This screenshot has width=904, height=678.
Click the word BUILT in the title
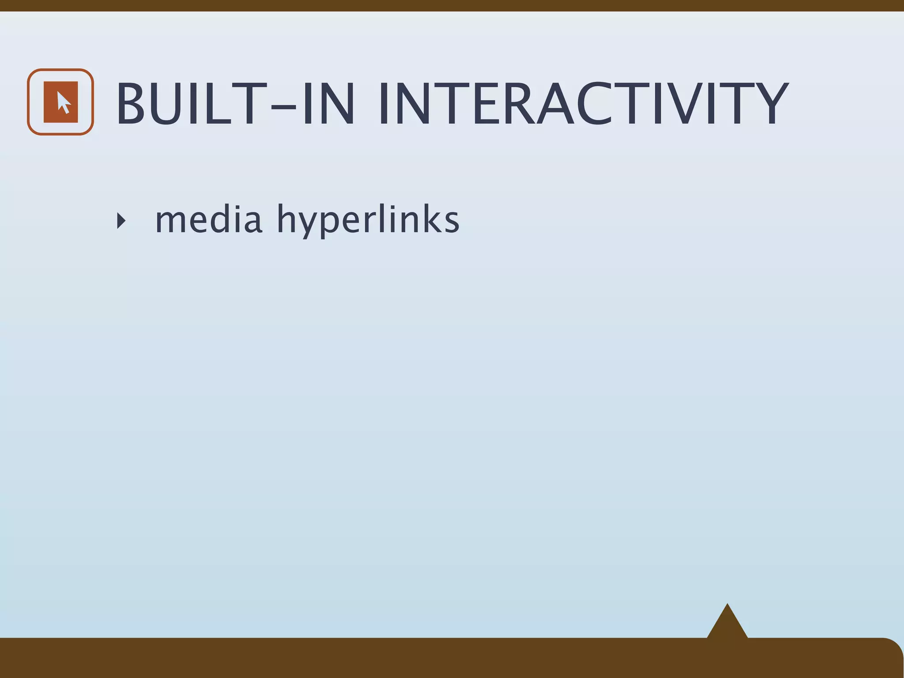click(x=185, y=104)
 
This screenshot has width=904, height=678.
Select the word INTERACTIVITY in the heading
click(x=583, y=104)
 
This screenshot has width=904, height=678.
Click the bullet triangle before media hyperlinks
click(x=121, y=220)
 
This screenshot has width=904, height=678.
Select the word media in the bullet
click(x=208, y=219)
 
